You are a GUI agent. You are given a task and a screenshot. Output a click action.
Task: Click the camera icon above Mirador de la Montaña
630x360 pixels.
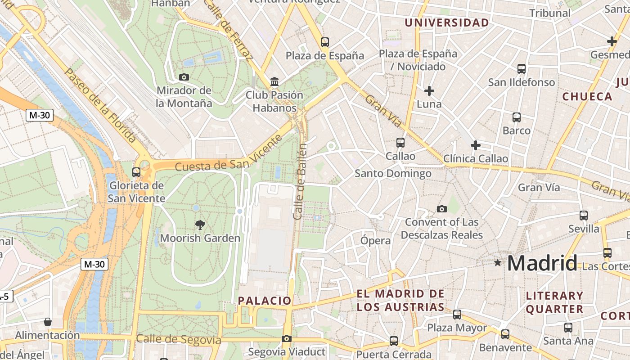184,77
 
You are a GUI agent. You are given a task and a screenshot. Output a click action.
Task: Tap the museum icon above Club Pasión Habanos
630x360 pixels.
274,82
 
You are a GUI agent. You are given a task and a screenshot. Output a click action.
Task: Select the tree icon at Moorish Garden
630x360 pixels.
200,225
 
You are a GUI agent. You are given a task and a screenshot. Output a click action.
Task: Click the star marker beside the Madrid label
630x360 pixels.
497,262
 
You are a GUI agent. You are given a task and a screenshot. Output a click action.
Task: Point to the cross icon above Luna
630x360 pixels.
429,91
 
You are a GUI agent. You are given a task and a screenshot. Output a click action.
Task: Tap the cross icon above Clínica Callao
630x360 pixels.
476,145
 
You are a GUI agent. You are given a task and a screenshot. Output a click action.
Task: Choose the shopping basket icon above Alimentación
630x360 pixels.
47,322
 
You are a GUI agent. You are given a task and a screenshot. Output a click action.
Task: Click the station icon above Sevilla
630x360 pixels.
584,216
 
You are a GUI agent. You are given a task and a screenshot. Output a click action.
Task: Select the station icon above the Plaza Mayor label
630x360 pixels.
457,315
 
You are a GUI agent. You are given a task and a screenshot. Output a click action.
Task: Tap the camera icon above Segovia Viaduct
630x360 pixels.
287,339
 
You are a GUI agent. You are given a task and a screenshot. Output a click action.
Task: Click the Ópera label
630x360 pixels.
375,241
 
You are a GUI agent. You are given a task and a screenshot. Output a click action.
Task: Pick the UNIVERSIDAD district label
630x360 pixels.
446,23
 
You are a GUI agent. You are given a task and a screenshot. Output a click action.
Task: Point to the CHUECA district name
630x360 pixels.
587,96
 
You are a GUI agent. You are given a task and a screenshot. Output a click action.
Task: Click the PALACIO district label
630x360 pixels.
265,301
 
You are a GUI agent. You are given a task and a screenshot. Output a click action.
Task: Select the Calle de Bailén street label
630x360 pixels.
300,181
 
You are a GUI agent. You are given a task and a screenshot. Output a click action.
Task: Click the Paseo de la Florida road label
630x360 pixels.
100,105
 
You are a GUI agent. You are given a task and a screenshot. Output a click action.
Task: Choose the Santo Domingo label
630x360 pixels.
393,173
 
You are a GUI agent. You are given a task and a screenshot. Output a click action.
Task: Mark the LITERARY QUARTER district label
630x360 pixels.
554,302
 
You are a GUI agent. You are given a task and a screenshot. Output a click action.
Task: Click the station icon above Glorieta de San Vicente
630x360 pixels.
136,172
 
